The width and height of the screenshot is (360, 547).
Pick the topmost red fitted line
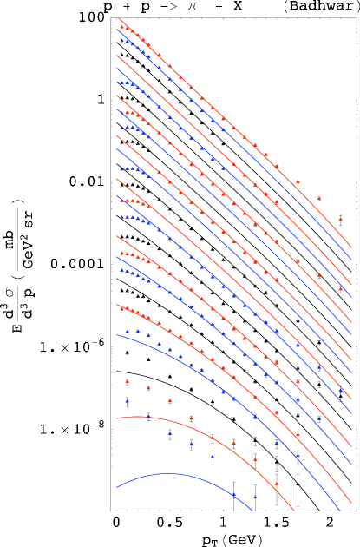click(217, 112)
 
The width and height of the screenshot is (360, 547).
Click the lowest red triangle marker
click(277, 484)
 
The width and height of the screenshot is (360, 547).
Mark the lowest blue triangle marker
click(255, 497)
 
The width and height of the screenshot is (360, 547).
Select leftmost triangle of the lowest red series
click(127, 380)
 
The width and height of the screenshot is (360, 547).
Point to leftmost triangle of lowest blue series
click(127, 400)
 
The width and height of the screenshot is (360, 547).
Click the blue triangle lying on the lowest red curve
click(148, 416)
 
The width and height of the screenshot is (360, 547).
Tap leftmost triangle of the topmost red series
click(121, 25)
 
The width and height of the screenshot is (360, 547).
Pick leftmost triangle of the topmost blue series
click(121, 40)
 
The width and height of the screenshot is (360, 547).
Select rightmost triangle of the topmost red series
click(340, 219)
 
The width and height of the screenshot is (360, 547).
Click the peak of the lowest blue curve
click(167, 473)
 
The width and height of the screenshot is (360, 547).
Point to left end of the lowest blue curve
click(117, 487)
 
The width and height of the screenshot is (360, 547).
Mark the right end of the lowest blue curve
click(252, 511)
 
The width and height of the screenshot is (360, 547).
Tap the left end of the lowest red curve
click(117, 418)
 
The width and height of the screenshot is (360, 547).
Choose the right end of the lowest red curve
click(295, 511)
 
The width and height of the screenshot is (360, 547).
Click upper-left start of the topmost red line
click(118, 17)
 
